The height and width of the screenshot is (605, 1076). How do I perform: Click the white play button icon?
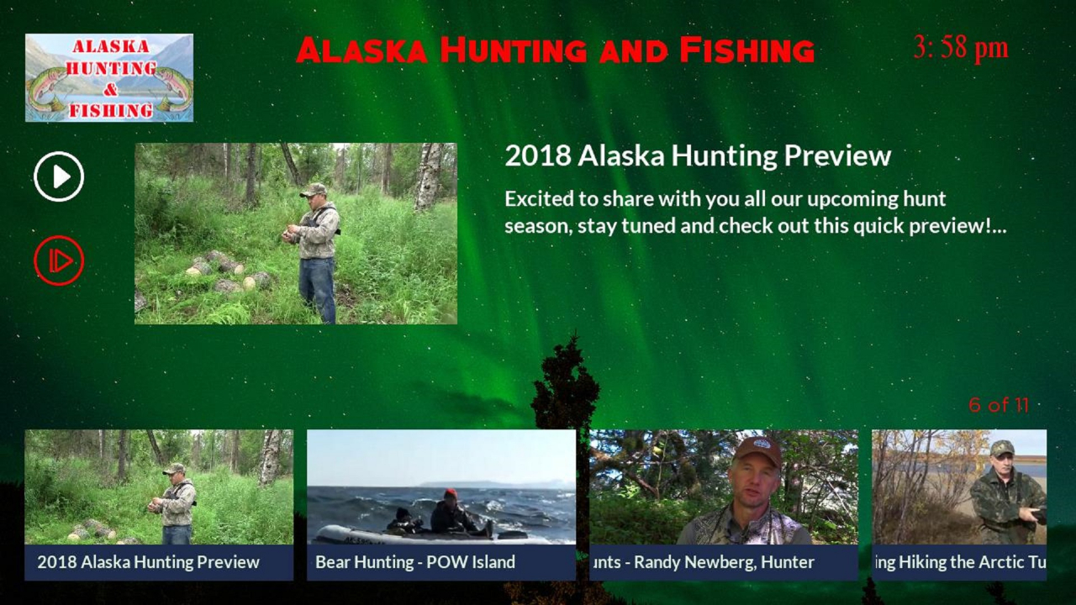tap(59, 176)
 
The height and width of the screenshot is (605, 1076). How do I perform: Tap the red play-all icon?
tap(59, 260)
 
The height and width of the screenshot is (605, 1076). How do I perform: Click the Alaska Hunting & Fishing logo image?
tap(109, 77)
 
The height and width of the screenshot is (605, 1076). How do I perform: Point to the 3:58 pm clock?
tap(960, 49)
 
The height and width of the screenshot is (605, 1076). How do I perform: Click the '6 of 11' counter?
tap(999, 405)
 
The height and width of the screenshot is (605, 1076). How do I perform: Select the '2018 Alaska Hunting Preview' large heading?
tap(698, 155)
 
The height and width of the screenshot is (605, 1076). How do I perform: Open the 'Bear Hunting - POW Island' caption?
tap(415, 562)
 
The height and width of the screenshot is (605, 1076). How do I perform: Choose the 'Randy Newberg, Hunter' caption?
tap(724, 562)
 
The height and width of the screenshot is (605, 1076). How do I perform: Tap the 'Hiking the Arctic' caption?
tap(955, 562)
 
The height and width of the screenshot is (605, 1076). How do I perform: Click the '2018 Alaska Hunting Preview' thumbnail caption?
tap(149, 562)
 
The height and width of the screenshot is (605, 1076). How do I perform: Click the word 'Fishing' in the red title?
tap(747, 50)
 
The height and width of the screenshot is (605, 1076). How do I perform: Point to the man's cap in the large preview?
tap(314, 190)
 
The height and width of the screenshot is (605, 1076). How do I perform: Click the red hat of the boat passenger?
tap(450, 493)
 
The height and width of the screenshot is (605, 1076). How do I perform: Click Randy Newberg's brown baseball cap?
tap(757, 450)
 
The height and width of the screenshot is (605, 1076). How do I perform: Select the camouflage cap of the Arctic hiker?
tap(1002, 448)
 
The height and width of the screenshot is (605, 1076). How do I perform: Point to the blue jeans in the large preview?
tap(317, 289)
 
